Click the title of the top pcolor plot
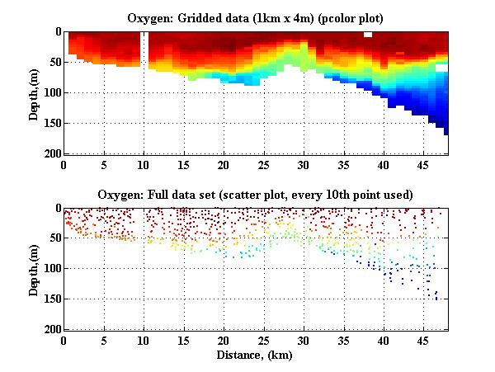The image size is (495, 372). click(256, 17)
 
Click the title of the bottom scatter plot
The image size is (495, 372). click(256, 195)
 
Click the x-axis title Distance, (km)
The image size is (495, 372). click(256, 356)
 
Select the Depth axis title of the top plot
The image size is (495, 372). click(34, 92)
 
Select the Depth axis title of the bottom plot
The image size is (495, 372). click(34, 269)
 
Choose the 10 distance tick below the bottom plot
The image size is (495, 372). click(144, 341)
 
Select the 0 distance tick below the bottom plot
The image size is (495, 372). click(64, 341)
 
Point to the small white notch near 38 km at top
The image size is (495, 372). click(368, 35)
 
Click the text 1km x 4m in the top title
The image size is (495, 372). click(287, 17)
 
